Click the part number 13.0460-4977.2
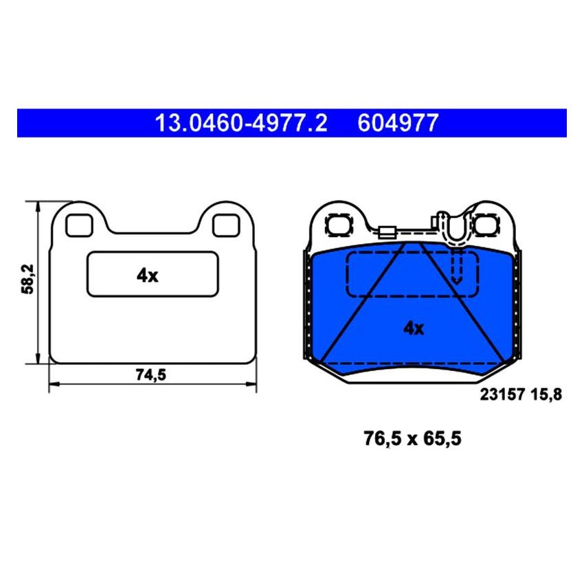(x=241, y=123)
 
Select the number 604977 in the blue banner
(x=397, y=123)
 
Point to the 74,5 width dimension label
(x=152, y=374)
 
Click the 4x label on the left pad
(x=147, y=276)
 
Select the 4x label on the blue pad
(x=413, y=328)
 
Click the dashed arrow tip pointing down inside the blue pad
(x=456, y=280)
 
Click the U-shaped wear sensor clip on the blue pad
(x=456, y=230)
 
